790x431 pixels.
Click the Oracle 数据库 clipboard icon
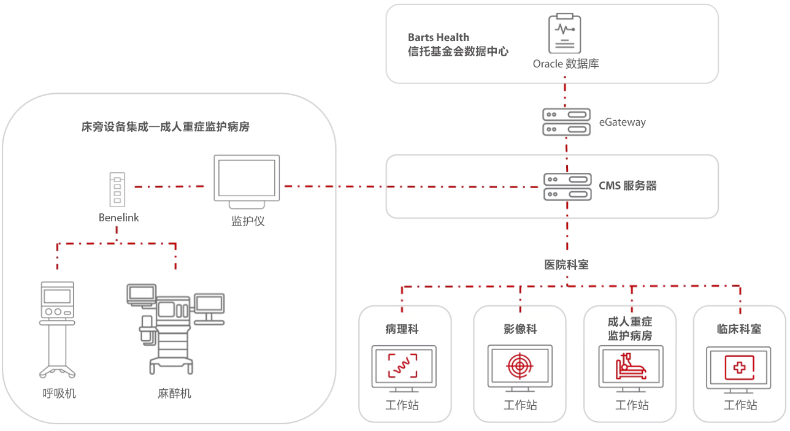[564, 34]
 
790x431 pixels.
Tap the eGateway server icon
[567, 121]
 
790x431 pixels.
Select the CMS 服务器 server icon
[567, 186]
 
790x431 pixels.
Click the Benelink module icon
[117, 189]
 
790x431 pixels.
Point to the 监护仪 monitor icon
[247, 181]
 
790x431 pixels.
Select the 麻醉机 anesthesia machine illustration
[174, 327]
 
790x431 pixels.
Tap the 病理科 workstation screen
[404, 365]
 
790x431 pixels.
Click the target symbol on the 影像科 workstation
[520, 365]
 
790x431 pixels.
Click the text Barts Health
[438, 37]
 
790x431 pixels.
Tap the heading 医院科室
[566, 265]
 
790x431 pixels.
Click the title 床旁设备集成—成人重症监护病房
[166, 127]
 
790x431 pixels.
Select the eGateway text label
[622, 122]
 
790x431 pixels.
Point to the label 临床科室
[739, 329]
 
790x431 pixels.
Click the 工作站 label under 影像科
[520, 405]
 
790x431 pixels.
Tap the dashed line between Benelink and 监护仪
[169, 186]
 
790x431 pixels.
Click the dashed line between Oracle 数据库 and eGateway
[565, 95]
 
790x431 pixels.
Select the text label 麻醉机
[174, 394]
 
